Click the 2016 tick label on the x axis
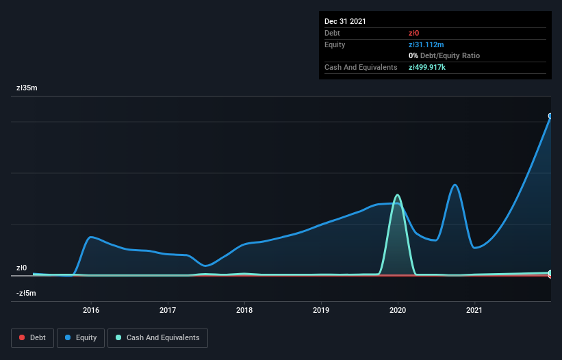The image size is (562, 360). click(x=91, y=310)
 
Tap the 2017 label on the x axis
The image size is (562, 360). click(x=168, y=310)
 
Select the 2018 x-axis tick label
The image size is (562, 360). click(x=244, y=310)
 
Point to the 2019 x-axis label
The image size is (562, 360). click(x=321, y=310)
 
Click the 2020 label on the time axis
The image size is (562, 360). click(x=398, y=310)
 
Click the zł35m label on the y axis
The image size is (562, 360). click(x=27, y=88)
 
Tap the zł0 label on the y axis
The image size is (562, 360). click(x=22, y=268)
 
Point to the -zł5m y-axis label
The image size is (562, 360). click(x=27, y=294)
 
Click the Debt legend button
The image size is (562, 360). click(x=32, y=337)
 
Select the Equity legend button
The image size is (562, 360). click(x=81, y=337)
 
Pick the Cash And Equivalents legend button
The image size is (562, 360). click(x=157, y=337)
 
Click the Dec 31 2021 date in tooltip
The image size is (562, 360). click(x=345, y=21)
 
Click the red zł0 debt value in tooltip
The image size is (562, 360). click(x=415, y=33)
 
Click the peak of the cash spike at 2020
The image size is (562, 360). click(x=397, y=195)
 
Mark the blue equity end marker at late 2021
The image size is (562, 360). click(x=550, y=116)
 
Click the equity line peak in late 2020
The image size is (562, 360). click(x=454, y=184)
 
